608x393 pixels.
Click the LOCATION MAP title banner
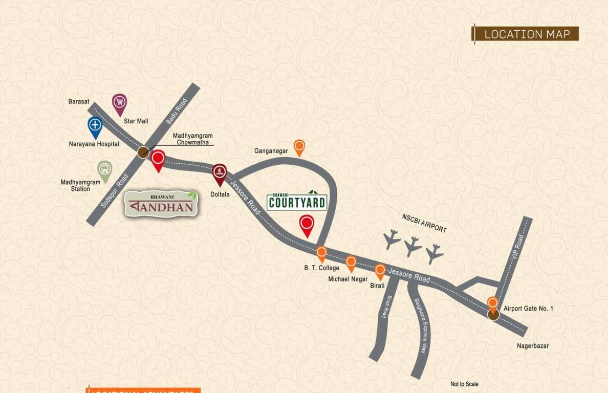coord(526,34)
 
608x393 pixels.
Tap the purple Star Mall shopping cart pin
coord(119,103)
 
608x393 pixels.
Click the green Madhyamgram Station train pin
coord(105,170)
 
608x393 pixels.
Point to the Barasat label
coord(79,101)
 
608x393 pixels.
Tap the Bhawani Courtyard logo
coord(297,201)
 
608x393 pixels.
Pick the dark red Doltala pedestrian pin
coord(220,172)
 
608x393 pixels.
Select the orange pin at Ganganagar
coord(299,147)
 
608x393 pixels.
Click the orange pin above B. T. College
coord(321,253)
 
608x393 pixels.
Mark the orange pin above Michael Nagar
coord(351,263)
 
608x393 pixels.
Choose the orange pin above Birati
coord(380,271)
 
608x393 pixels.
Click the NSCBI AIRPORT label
coord(424,224)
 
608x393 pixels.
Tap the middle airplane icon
coord(412,246)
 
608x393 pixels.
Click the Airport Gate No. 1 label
coord(528,309)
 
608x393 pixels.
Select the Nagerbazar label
coord(532,346)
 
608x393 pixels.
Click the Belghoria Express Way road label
coord(420,325)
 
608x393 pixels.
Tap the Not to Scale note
coord(464,384)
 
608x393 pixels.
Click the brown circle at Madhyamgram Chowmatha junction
coord(143,151)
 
